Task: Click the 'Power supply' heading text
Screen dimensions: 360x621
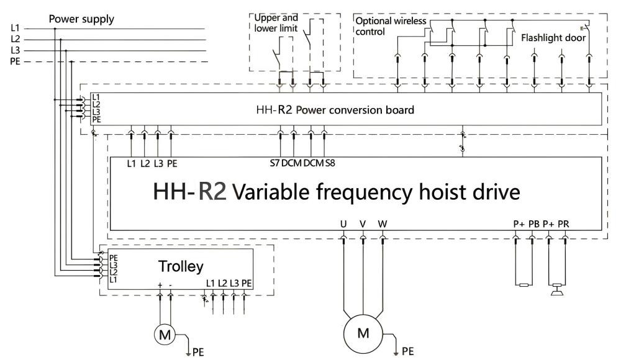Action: pyautogui.click(x=82, y=19)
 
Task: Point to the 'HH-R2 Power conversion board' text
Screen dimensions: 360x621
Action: pyautogui.click(x=335, y=110)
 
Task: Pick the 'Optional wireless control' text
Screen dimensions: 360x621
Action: pyautogui.click(x=391, y=26)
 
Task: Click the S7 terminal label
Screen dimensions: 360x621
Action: pyautogui.click(x=273, y=163)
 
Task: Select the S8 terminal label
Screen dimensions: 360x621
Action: pyautogui.click(x=330, y=163)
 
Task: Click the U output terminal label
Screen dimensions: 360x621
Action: pyautogui.click(x=343, y=223)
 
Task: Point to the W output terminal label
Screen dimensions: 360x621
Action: pyautogui.click(x=383, y=223)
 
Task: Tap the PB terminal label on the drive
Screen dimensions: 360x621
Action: pyautogui.click(x=533, y=224)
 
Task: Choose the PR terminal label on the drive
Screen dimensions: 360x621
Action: pyautogui.click(x=564, y=224)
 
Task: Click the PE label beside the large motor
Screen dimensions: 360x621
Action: pyautogui.click(x=407, y=352)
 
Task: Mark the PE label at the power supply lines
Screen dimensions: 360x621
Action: pyautogui.click(x=16, y=61)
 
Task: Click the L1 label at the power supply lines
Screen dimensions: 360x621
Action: pyautogui.click(x=16, y=28)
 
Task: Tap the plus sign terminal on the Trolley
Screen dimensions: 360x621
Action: pyautogui.click(x=160, y=284)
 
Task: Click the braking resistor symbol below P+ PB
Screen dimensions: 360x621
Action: pyautogui.click(x=524, y=286)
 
